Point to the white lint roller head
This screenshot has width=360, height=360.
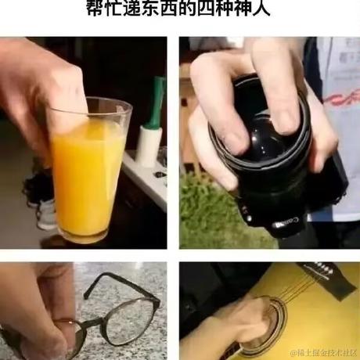pyautogui.click(x=148, y=145)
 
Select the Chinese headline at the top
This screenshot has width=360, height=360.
pyautogui.click(x=179, y=9)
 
